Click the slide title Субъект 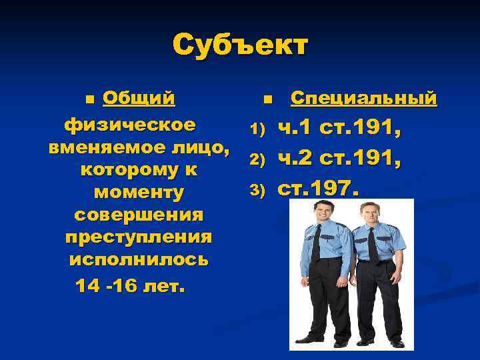pos(240,47)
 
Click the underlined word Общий pos(139,99)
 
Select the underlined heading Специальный pos(364,99)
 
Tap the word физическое pos(130,125)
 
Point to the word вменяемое pos(97,147)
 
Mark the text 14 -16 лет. pos(131,285)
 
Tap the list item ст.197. pos(317,189)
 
